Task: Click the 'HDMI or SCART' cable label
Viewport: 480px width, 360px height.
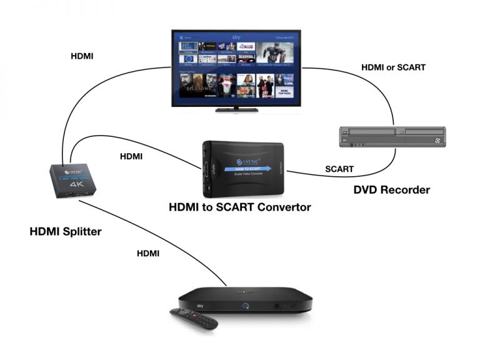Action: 394,67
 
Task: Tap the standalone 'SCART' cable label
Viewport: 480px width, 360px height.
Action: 339,169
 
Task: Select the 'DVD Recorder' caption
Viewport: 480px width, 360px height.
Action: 391,189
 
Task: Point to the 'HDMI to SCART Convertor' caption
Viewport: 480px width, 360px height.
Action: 241,207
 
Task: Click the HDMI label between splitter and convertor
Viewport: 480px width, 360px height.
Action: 131,156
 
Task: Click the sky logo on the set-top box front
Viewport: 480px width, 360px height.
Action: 201,306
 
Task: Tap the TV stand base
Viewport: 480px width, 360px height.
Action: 236,109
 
